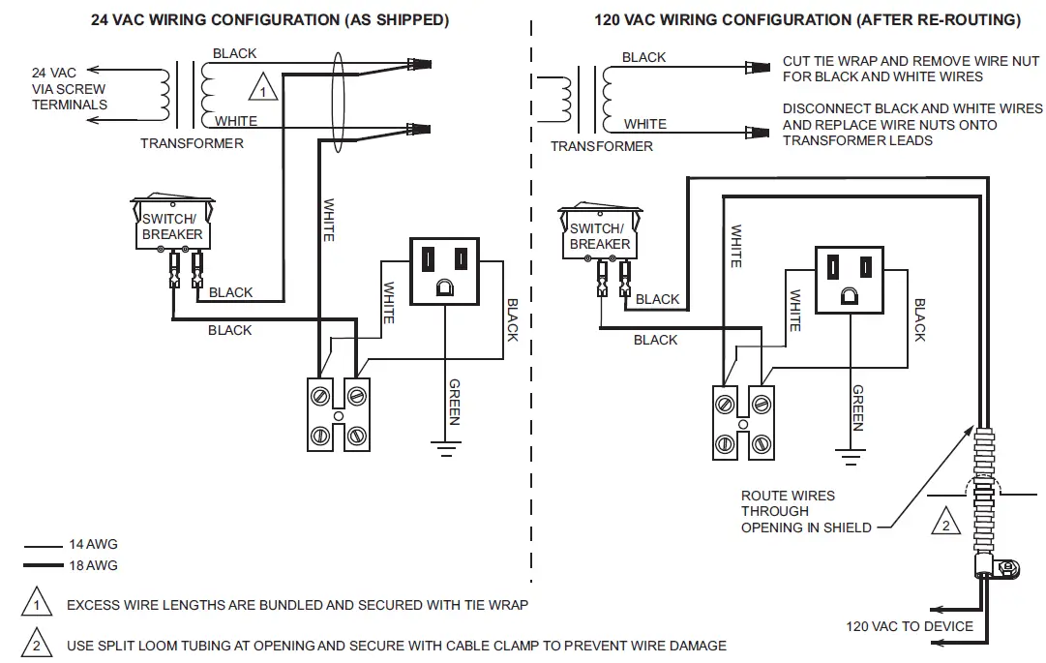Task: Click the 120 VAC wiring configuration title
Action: pyautogui.click(x=807, y=19)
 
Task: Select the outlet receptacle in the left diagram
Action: pyautogui.click(x=444, y=270)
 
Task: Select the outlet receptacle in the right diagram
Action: pyautogui.click(x=850, y=279)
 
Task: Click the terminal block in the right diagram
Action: pyautogui.click(x=743, y=423)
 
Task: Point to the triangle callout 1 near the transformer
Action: pyautogui.click(x=262, y=90)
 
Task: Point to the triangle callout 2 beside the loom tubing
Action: pyautogui.click(x=945, y=524)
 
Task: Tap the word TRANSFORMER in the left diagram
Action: pyautogui.click(x=192, y=143)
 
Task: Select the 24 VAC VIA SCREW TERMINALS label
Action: pyautogui.click(x=69, y=89)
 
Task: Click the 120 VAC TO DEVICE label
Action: pyautogui.click(x=910, y=626)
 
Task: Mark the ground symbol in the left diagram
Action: pyautogui.click(x=444, y=446)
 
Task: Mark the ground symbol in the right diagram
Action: pyautogui.click(x=850, y=454)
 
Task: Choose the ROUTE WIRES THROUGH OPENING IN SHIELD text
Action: pyautogui.click(x=806, y=511)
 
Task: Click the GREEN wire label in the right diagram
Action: pyautogui.click(x=858, y=407)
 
